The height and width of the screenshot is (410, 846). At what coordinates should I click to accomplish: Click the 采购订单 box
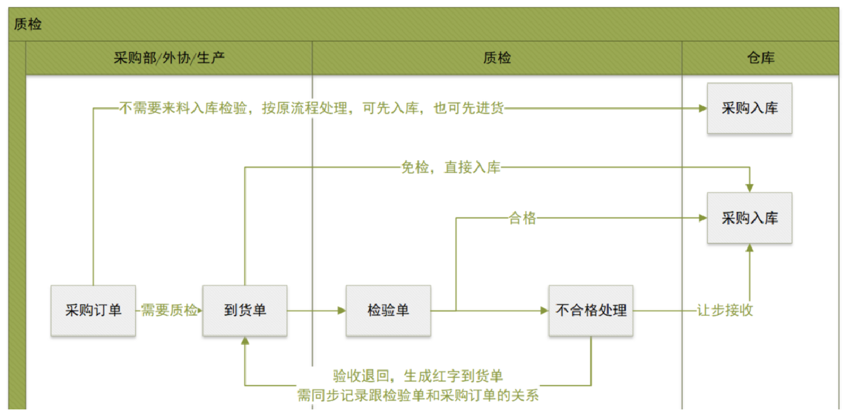point(93,310)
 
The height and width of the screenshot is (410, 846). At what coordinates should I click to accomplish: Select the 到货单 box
point(245,310)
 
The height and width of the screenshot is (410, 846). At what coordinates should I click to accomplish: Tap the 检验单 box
point(388,310)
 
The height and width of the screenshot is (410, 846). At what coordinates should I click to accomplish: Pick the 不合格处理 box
point(591,310)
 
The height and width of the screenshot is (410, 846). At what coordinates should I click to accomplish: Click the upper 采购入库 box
point(749,108)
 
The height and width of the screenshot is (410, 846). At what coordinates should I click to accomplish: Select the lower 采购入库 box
point(749,218)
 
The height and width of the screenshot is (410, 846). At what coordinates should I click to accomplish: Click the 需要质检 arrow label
point(170,310)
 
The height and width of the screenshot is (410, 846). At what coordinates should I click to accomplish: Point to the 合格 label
point(523,218)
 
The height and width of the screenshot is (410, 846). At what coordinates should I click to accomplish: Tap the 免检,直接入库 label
point(451,167)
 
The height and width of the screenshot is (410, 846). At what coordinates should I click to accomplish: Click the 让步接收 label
point(725,310)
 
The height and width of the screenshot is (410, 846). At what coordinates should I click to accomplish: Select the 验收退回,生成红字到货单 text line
point(418,376)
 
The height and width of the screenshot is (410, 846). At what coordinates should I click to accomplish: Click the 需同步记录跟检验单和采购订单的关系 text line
point(418,395)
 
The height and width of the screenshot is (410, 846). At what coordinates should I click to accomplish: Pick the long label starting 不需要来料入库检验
point(311,108)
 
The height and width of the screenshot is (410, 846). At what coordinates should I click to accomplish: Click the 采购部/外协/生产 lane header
point(169,58)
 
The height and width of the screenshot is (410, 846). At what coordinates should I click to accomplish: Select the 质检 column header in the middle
point(497,58)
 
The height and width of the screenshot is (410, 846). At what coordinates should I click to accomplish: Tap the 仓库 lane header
point(760,58)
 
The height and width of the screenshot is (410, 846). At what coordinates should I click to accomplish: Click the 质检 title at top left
point(28,25)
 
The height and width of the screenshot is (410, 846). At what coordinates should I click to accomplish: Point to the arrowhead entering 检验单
point(342,311)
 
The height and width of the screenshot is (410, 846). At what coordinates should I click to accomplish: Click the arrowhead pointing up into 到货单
point(245,341)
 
